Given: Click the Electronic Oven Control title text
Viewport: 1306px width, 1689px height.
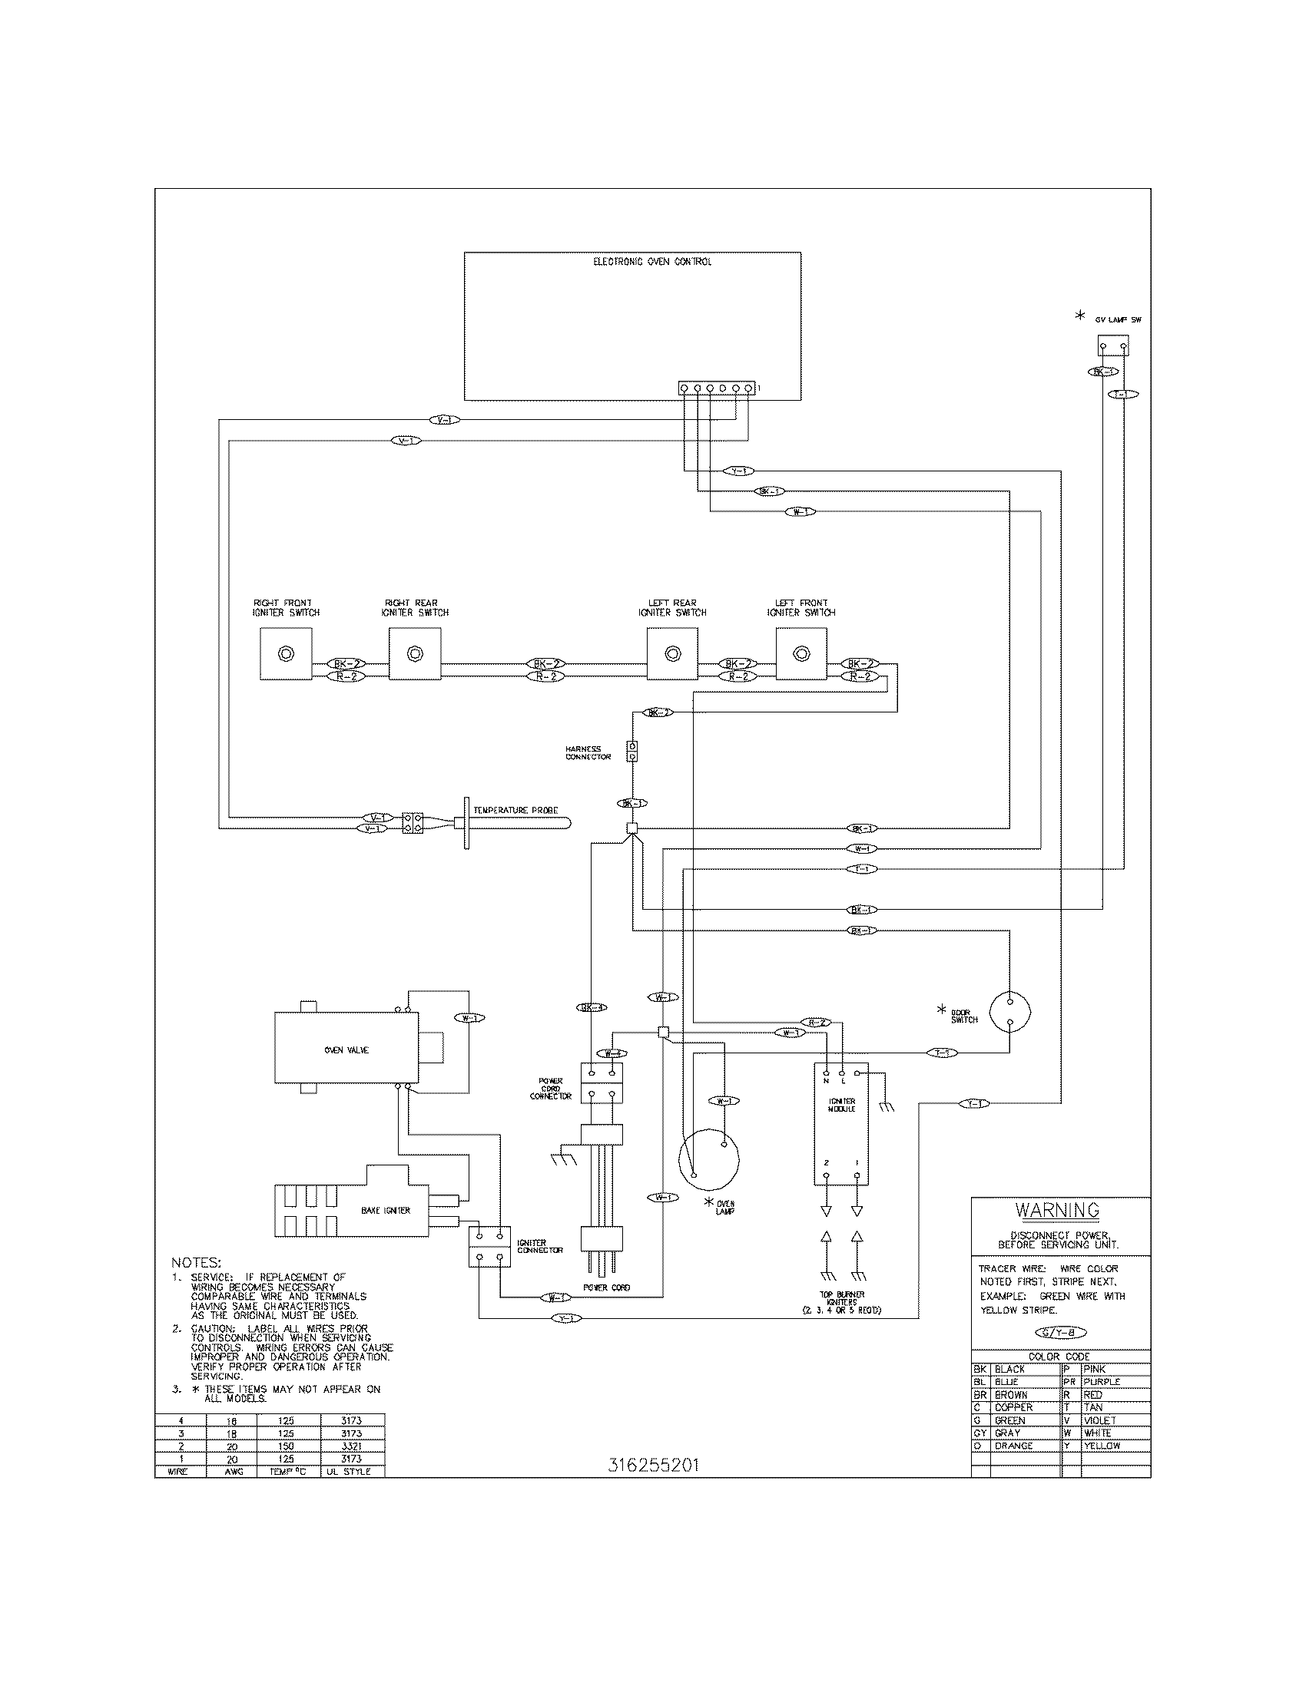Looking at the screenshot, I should point(652,262).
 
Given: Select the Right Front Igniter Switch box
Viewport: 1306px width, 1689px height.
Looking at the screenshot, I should point(287,653).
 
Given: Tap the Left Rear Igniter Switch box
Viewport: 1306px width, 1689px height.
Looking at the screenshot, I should point(672,653).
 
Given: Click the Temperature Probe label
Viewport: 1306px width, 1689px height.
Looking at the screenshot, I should point(515,810).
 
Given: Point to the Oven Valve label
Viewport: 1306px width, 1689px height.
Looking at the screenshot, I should point(346,1050).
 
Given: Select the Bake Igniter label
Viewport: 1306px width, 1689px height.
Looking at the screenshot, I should point(386,1210).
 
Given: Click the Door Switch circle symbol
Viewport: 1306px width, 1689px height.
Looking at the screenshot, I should point(1009,1011).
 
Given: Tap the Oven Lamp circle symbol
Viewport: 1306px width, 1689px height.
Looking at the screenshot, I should point(709,1159).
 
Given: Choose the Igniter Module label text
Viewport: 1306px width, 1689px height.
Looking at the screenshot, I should point(841,1105).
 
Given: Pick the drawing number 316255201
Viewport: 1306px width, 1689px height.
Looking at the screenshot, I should point(653,1466).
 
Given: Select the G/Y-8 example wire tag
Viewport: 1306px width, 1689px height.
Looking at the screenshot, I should point(1061,1333).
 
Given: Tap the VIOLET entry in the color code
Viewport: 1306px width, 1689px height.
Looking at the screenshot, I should point(1099,1420).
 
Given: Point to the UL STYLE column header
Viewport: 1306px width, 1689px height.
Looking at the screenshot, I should point(348,1472).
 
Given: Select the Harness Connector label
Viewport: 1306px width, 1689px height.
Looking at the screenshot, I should point(588,752).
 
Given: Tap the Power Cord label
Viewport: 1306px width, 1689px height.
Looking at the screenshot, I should point(606,1287).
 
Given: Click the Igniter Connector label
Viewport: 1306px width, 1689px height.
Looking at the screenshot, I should point(540,1247).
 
